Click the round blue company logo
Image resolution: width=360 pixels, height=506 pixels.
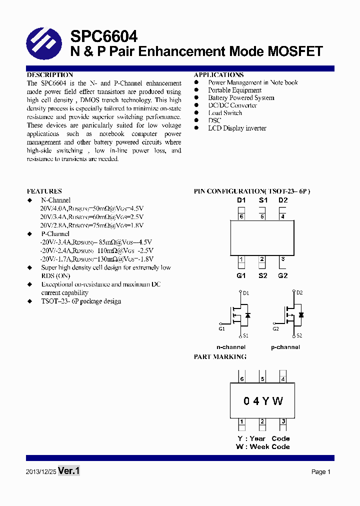(x=43, y=44)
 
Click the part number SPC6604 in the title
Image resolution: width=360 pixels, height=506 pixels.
(x=103, y=36)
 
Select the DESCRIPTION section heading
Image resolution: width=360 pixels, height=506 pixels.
(x=49, y=75)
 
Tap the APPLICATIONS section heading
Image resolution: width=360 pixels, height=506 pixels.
(x=218, y=75)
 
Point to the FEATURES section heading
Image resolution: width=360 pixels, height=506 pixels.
(x=44, y=191)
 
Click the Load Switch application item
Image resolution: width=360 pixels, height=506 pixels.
(x=225, y=113)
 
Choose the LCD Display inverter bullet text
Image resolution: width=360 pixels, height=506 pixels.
(x=237, y=128)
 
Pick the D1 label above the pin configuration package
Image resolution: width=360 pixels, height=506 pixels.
(x=241, y=200)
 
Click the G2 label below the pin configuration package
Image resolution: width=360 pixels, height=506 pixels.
(x=283, y=275)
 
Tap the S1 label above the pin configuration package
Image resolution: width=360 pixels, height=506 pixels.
(x=263, y=200)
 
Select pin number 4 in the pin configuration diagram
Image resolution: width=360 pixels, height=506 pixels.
(x=283, y=216)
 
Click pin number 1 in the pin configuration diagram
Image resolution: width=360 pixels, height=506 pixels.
(x=241, y=259)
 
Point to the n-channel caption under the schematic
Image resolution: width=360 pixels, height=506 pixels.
(x=230, y=347)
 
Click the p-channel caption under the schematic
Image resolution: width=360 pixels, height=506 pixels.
(x=285, y=347)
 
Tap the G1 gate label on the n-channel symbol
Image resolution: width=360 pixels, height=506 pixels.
(x=221, y=328)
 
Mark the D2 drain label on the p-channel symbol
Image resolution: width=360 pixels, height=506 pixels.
(x=299, y=292)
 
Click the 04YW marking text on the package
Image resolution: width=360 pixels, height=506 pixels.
(x=263, y=401)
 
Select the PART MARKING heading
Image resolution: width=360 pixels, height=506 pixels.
(x=220, y=357)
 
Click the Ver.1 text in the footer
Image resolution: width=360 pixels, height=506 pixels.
(x=69, y=471)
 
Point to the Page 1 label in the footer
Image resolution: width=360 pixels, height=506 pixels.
(x=321, y=471)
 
